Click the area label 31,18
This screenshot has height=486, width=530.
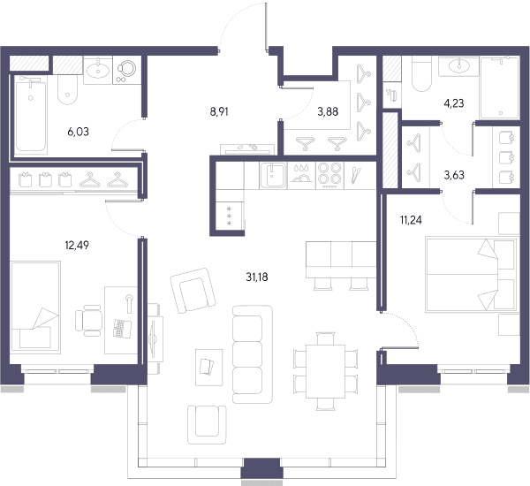coord(257,277)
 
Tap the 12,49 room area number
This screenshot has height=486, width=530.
coord(77,245)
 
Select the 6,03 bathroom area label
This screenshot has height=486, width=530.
coord(78,132)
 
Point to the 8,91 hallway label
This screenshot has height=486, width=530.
coord(219,111)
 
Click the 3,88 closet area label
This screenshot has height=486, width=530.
coord(328,111)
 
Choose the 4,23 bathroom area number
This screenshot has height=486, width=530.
coord(454,103)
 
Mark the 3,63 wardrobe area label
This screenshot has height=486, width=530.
coord(454,175)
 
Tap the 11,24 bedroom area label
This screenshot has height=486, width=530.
coord(411,220)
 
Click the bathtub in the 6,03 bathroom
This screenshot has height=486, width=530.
coord(30,114)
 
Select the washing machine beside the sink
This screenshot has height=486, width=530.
coord(126,70)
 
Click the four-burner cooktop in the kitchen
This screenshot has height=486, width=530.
coord(329,175)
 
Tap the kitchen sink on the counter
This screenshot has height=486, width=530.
coord(274,175)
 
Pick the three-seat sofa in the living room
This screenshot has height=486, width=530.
coord(252,354)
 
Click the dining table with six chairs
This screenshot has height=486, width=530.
coord(325,371)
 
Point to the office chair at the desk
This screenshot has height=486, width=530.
coord(88,321)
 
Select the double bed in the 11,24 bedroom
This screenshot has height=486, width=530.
coord(471,275)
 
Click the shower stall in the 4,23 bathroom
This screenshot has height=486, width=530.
coord(499,88)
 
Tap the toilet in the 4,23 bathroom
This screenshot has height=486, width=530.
coord(421,73)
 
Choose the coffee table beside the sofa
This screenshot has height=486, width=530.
coord(208,368)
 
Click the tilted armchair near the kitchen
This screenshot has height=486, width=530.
coord(193,291)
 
